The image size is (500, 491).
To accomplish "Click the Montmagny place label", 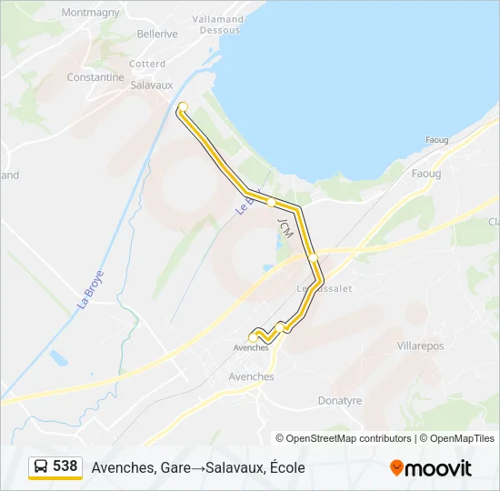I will coord(90,13).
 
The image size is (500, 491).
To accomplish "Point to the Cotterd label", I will coord(147,64).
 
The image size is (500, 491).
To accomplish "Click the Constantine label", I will coord(95,77).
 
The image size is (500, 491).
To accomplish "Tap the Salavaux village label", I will coord(151,85).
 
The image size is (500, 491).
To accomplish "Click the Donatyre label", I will coord(340,400).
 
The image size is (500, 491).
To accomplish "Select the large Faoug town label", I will coord(425,174).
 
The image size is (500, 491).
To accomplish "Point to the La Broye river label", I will coord(90,288).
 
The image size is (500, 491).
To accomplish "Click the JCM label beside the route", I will coord(287,227).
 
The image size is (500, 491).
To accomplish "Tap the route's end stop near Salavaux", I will coord(183,107).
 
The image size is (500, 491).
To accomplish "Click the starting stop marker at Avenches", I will coord(253,338).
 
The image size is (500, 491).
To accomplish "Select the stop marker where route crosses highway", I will coord(314,257).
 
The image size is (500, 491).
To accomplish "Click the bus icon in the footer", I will coord(42,467).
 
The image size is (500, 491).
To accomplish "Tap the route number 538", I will coord(65,466).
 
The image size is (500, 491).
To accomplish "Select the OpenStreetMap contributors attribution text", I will coord(344,438).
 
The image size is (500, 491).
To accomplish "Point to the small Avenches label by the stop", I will coord(251,348).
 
